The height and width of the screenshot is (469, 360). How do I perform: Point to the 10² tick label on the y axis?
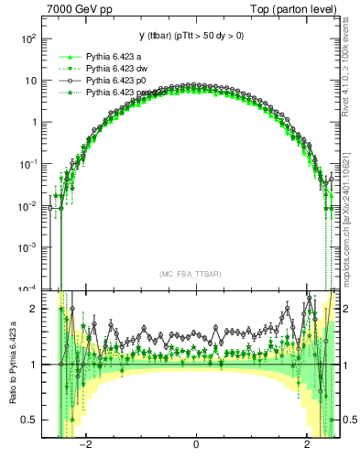27,38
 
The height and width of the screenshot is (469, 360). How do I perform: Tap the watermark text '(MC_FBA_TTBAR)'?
191,274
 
